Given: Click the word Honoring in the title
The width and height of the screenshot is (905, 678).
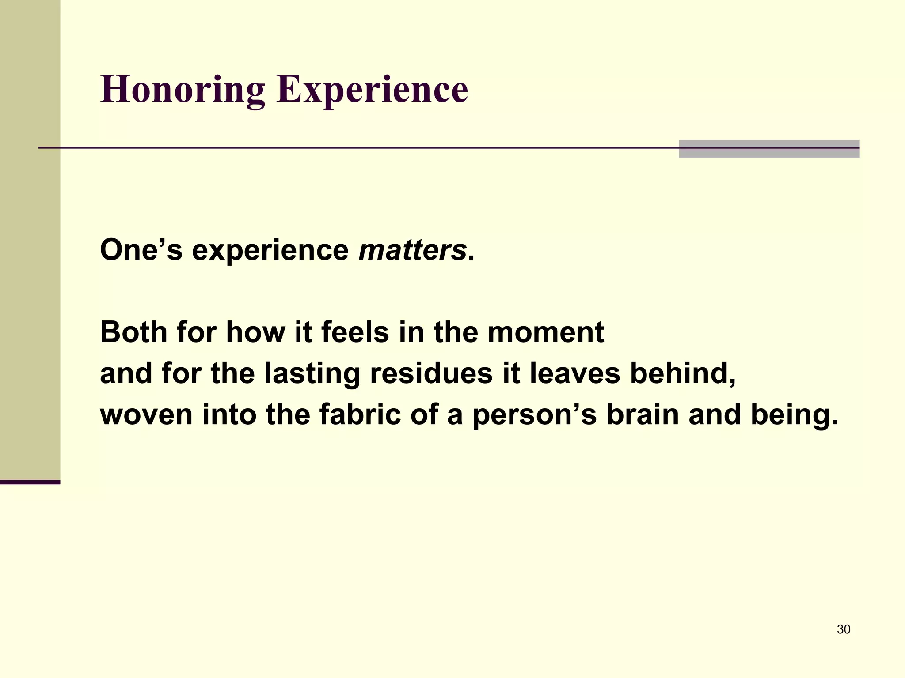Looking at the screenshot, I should click(183, 90).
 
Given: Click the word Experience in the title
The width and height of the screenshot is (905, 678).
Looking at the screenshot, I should click(372, 90).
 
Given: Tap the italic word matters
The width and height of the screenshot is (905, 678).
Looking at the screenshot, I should click(412, 250).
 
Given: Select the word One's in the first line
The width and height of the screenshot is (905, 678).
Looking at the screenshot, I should click(141, 250).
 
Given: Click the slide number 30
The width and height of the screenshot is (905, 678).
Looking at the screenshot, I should click(843, 629).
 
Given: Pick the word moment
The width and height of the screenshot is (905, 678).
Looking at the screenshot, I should click(545, 332).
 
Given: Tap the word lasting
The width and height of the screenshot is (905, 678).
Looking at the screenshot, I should click(312, 373).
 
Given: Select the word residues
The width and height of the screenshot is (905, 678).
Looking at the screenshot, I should click(431, 373).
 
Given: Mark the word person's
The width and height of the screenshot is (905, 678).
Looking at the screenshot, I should click(535, 414).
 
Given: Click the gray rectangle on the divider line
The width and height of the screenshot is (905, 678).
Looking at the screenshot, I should click(769, 149).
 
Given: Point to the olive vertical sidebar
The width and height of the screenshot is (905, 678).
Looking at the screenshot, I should click(30, 238).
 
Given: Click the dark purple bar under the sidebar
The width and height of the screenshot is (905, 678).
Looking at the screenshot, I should click(30, 482).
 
